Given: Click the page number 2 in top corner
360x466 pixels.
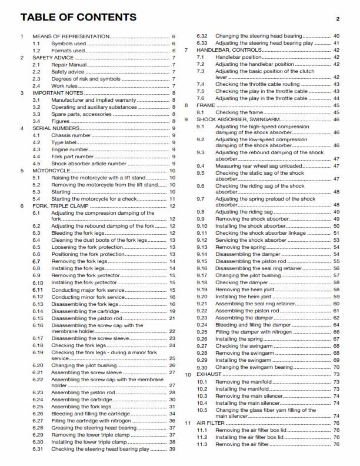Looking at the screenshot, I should (338, 19).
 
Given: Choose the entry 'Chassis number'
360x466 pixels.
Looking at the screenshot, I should (71, 135).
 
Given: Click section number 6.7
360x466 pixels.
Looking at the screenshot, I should (36, 261).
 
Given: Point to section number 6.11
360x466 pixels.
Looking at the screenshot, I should (38, 290).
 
